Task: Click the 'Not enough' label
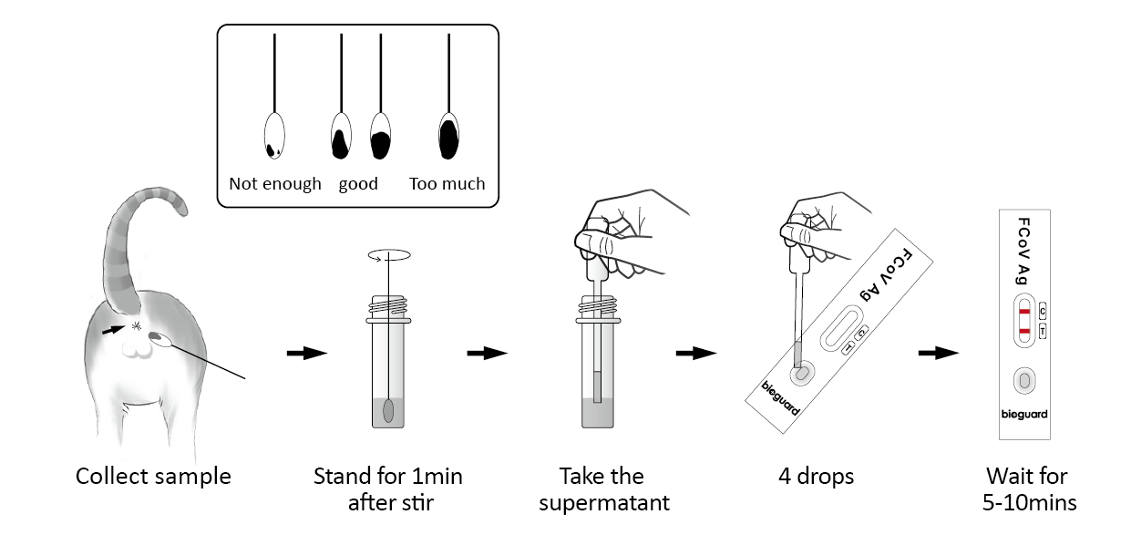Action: point(275,184)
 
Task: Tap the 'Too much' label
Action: point(447,184)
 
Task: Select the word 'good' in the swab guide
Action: point(358,184)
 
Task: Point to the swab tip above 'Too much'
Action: point(449,136)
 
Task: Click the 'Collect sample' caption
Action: point(153,477)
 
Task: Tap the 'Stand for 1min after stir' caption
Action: point(388,489)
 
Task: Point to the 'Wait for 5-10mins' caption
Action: point(1025,489)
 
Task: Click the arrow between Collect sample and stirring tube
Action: point(306,353)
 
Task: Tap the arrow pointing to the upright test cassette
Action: point(940,353)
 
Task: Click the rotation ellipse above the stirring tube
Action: point(389,258)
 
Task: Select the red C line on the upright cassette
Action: point(1024,313)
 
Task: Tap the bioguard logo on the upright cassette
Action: point(1025,414)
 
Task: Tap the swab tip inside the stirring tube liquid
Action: point(389,411)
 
